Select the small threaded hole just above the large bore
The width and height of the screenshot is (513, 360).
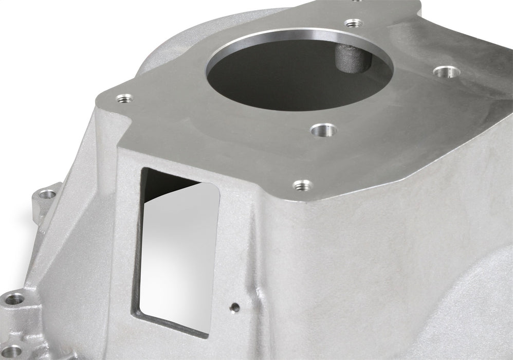tap(353, 23)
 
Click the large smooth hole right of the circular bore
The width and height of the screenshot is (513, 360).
tap(446, 71)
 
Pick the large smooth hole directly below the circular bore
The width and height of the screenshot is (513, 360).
tap(324, 130)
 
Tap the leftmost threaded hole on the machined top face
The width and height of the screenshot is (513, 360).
tap(124, 98)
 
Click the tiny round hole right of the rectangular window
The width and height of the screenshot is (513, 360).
tap(235, 308)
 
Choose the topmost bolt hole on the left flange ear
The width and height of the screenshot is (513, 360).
tap(48, 194)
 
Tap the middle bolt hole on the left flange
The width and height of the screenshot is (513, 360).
tap(14, 298)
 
